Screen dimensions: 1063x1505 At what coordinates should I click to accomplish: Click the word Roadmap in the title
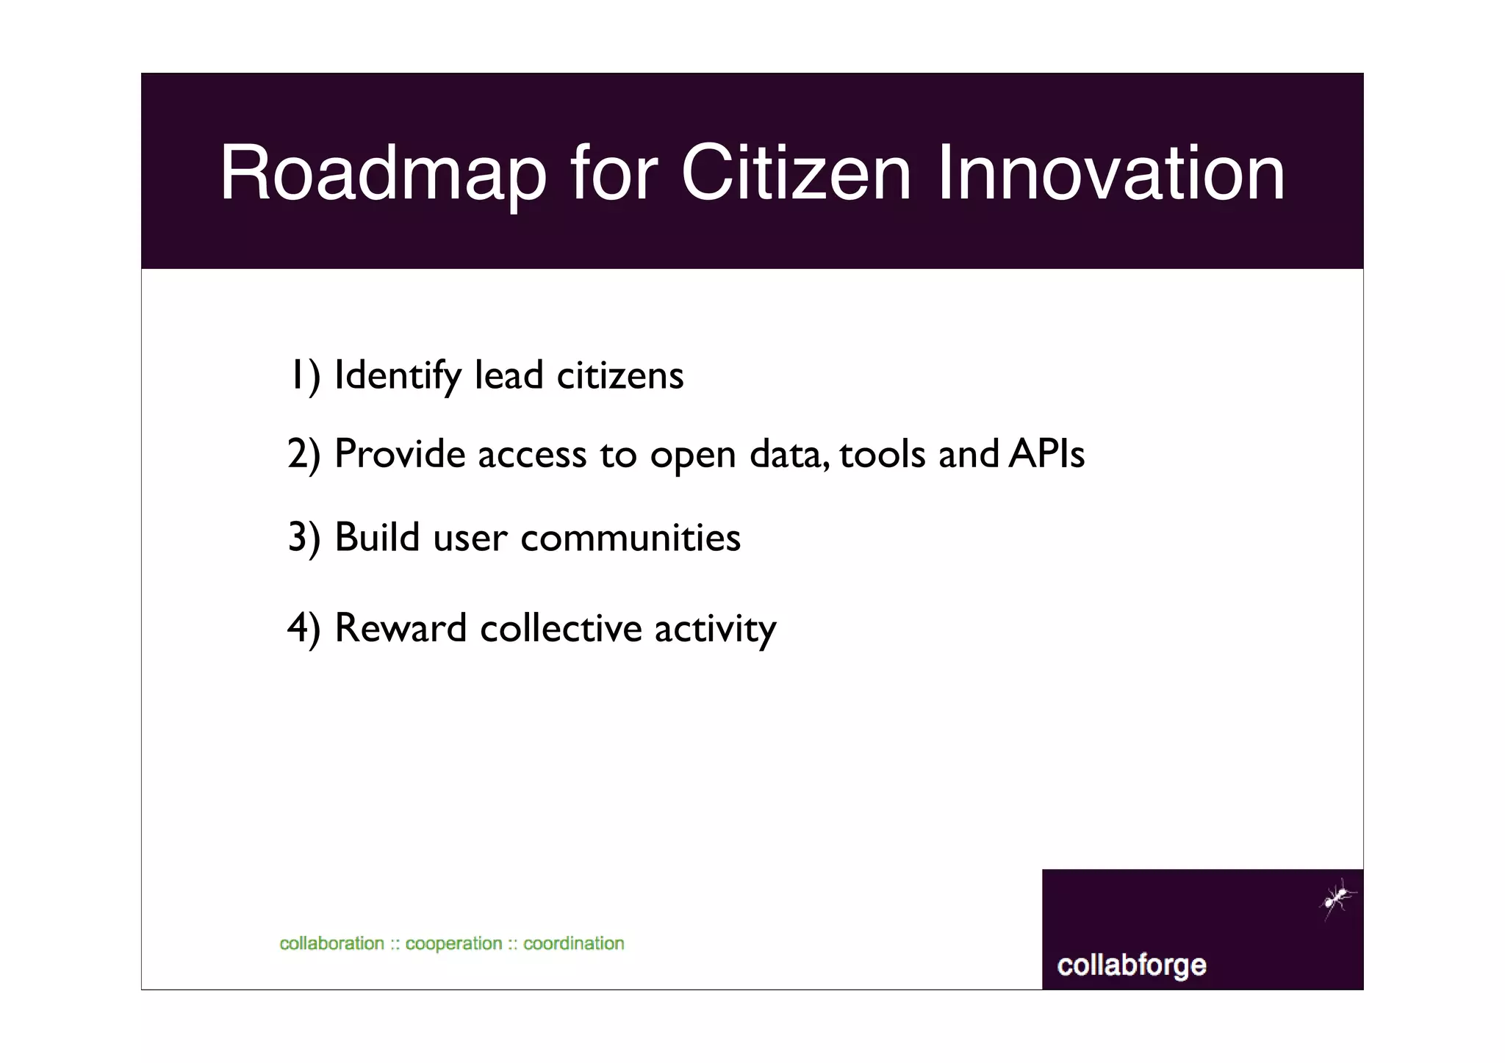click(383, 173)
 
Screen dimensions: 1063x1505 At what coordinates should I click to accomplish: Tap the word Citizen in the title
click(796, 173)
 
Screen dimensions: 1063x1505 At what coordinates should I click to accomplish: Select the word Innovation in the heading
click(1111, 173)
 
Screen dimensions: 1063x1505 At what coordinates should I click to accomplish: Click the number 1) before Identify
click(304, 375)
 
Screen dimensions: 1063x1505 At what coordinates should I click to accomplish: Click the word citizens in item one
click(620, 375)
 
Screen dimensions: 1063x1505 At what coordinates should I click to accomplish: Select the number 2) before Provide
click(304, 454)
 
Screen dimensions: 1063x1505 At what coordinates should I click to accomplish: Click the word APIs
click(1046, 454)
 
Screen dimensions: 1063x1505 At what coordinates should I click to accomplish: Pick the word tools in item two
click(883, 454)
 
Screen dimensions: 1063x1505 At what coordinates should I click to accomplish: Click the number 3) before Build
click(304, 538)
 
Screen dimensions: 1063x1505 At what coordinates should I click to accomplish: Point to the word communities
click(631, 538)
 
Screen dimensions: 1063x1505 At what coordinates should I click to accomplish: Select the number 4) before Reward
click(304, 628)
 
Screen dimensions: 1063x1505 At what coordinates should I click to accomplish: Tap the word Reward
click(401, 628)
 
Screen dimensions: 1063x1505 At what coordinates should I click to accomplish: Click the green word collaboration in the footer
click(332, 943)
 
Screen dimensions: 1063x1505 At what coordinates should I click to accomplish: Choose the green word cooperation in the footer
click(453, 943)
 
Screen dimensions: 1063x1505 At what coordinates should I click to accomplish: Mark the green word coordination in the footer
click(573, 943)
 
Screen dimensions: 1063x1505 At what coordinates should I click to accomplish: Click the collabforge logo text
click(1131, 965)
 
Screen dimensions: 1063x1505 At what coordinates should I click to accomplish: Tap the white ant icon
click(1337, 898)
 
